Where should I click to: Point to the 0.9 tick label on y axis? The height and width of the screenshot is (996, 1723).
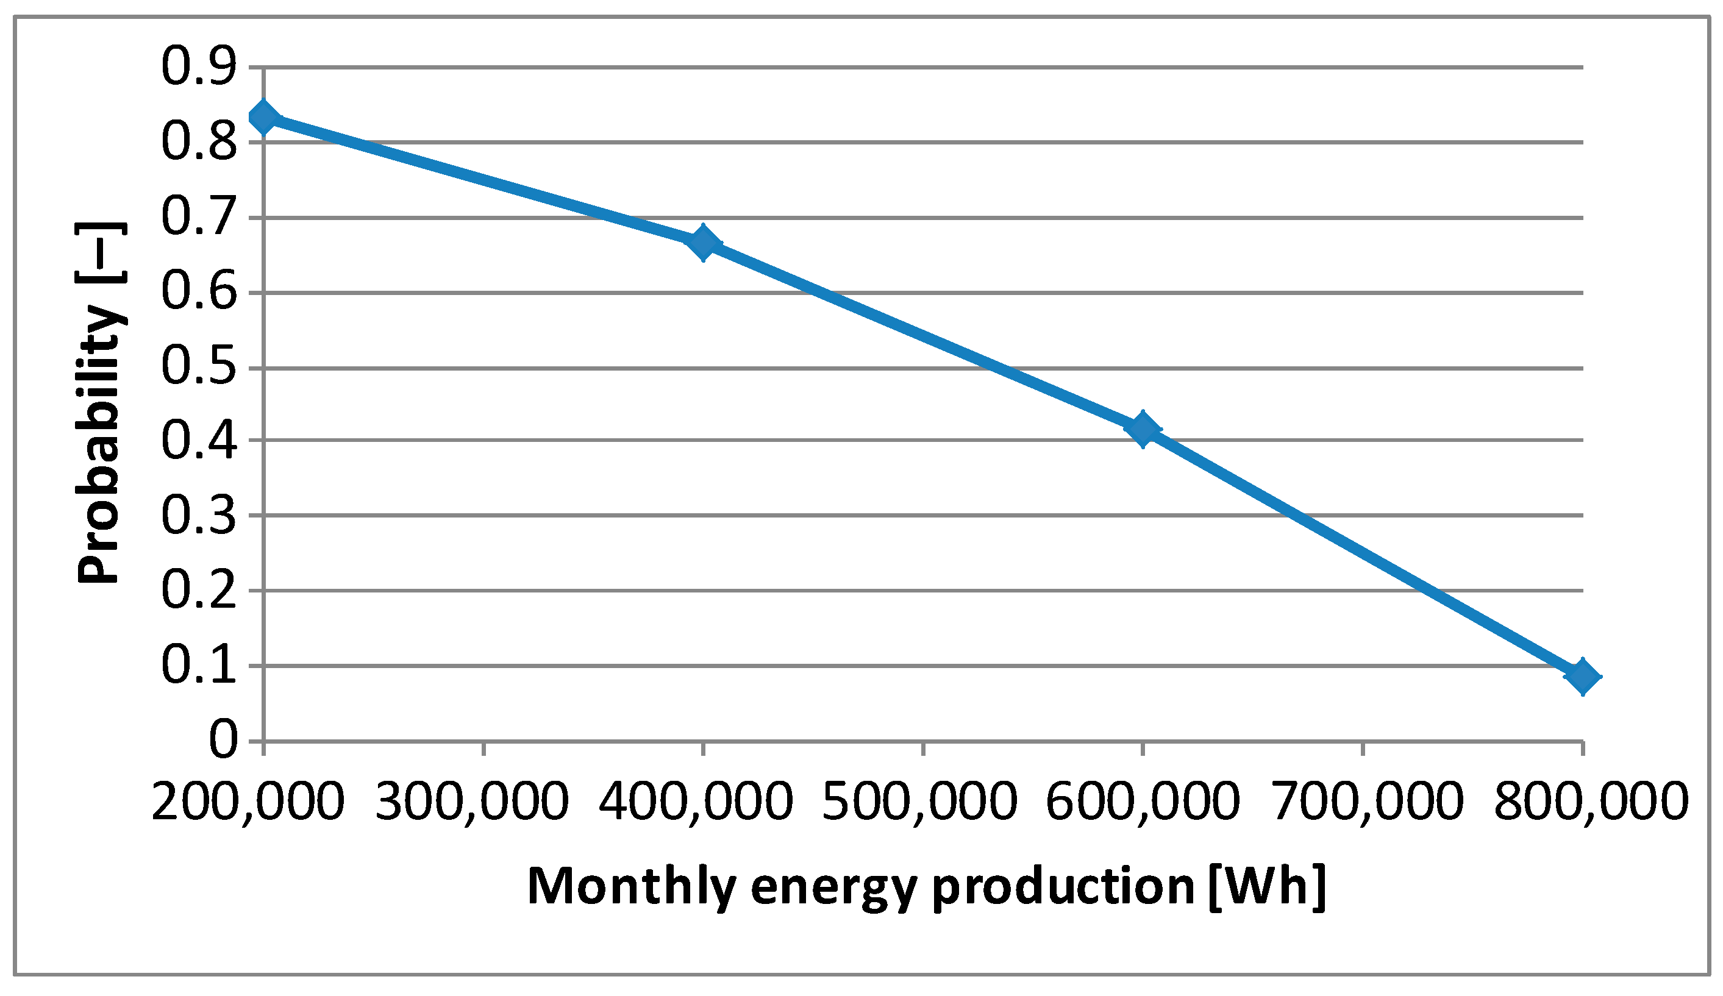[x=198, y=68]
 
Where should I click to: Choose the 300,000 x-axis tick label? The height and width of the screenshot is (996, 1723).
[x=472, y=801]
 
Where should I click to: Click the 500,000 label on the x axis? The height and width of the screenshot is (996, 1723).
[x=919, y=801]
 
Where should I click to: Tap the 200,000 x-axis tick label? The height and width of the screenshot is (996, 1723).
[x=248, y=801]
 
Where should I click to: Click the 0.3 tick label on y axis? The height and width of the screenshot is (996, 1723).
[x=198, y=516]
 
